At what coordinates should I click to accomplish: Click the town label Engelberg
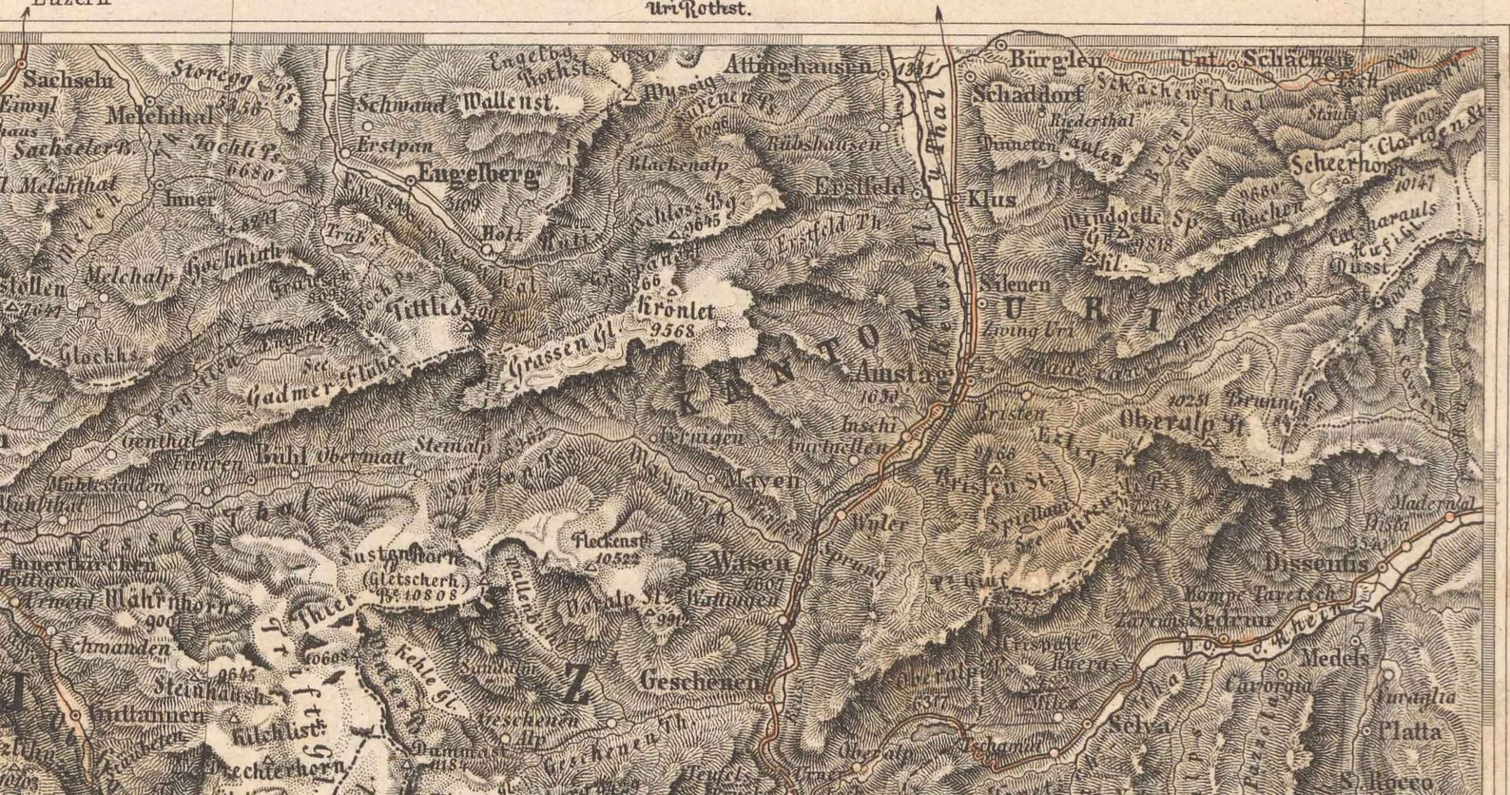[472, 176]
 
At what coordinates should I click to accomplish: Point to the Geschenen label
[701, 682]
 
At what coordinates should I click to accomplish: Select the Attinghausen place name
[798, 67]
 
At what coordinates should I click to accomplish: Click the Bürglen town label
[1055, 59]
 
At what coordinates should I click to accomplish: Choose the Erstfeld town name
[861, 187]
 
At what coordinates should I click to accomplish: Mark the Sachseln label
[68, 79]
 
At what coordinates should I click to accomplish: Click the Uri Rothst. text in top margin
[699, 10]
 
